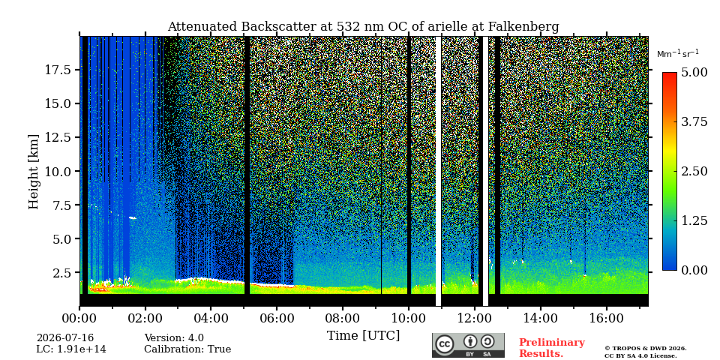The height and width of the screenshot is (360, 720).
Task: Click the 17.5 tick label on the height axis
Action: [x=58, y=70]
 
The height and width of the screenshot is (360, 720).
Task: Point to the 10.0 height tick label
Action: [x=58, y=171]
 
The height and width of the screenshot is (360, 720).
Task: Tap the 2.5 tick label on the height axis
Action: [x=61, y=273]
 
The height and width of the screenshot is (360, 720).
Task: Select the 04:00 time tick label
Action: [x=211, y=319]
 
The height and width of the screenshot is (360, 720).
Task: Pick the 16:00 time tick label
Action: [x=606, y=319]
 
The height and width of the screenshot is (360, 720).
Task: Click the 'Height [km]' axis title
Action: [x=34, y=172]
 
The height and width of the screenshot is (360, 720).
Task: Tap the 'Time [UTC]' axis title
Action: [x=363, y=336]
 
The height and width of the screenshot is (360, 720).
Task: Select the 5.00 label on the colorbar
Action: [x=694, y=73]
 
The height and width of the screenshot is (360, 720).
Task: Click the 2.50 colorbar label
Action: [x=694, y=171]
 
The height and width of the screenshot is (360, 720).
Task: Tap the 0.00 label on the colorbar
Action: [x=694, y=270]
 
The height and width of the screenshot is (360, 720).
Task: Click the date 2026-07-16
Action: [x=65, y=338]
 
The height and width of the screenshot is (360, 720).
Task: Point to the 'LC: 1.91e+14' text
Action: [x=71, y=349]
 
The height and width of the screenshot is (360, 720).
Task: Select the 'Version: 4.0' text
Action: [x=174, y=338]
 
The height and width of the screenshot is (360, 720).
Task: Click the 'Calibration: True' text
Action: [x=187, y=349]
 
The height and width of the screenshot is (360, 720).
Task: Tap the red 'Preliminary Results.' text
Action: [x=552, y=348]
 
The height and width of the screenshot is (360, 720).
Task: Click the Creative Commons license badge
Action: [x=468, y=345]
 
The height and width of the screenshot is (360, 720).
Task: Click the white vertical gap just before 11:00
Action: [x=439, y=171]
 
